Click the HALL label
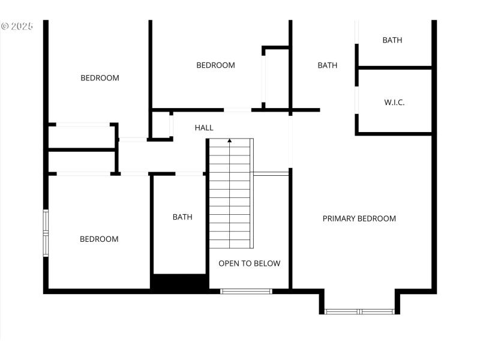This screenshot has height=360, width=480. tap(204, 128)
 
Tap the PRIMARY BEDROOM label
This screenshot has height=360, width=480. tap(359, 218)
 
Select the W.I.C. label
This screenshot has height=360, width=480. tap(394, 103)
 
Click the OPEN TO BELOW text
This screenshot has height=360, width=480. tap(249, 263)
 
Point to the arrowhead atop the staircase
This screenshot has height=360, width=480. tap(229, 141)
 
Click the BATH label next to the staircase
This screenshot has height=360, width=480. tap(182, 217)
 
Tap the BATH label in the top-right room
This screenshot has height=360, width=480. tap(392, 40)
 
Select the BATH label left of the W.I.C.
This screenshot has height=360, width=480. tap(327, 65)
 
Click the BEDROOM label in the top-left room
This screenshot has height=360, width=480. tap(100, 78)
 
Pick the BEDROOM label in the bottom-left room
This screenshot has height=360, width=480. tap(99, 239)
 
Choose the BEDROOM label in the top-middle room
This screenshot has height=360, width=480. tap(215, 65)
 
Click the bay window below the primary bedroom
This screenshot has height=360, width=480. tap(359, 311)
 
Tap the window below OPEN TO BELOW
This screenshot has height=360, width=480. tap(246, 292)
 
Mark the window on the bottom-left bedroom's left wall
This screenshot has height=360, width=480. tap(46, 233)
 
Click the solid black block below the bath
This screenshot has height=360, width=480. tap(179, 283)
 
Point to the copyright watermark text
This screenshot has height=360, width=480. tap(17, 26)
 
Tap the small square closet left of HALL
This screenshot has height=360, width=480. tap(160, 125)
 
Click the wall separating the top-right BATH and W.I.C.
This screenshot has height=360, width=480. tap(394, 68)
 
